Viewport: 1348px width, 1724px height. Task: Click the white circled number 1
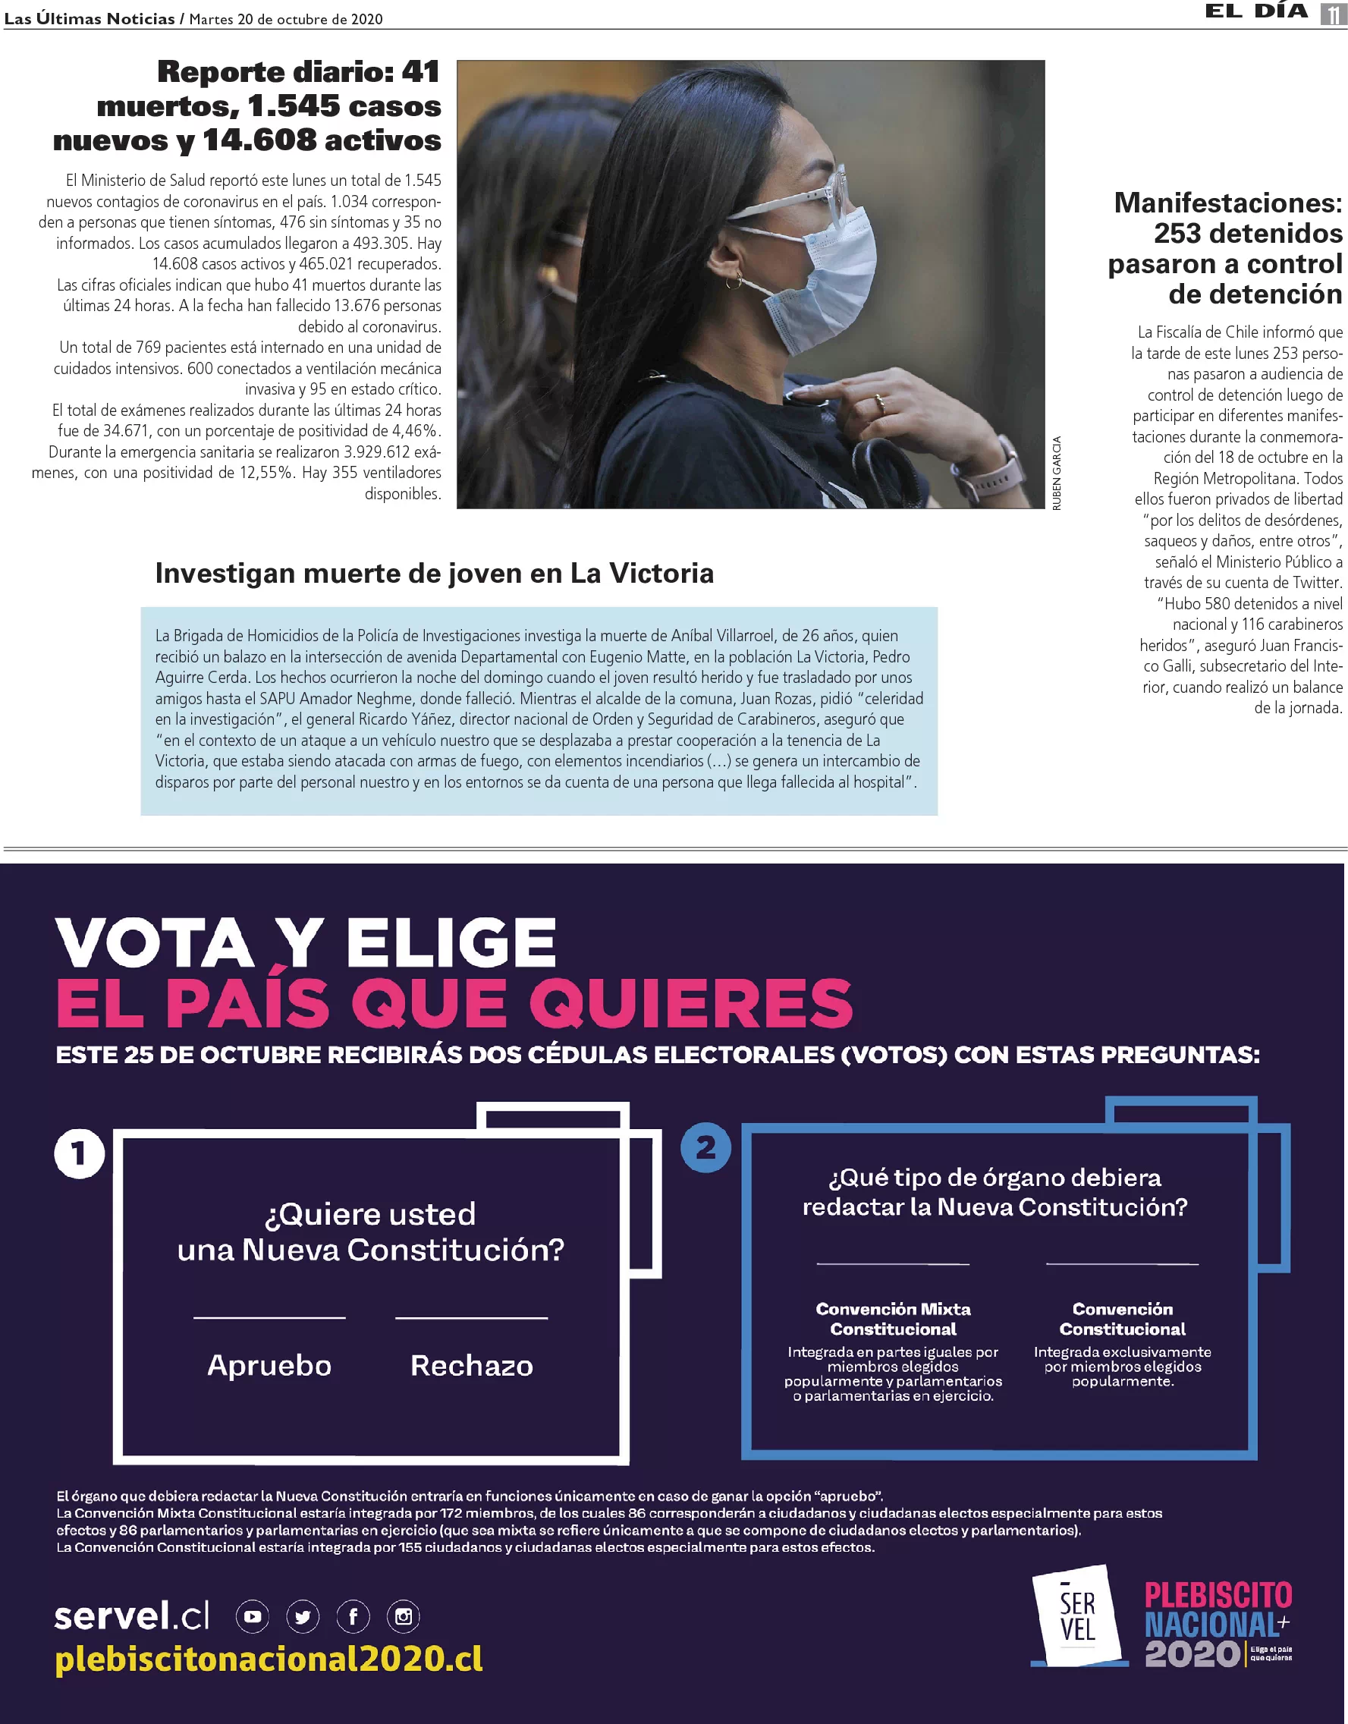pyautogui.click(x=79, y=1153)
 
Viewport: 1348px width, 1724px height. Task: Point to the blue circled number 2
pyautogui.click(x=705, y=1147)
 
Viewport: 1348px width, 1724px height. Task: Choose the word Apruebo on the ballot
pyautogui.click(x=269, y=1365)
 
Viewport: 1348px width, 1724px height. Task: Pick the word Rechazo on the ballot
pyautogui.click(x=471, y=1365)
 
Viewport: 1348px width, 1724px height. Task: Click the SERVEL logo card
pyautogui.click(x=1077, y=1614)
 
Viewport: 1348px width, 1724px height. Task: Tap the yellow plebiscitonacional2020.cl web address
pyautogui.click(x=269, y=1659)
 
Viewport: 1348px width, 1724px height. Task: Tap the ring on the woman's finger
pyautogui.click(x=880, y=405)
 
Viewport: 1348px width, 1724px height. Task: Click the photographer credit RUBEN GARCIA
pyautogui.click(x=1057, y=473)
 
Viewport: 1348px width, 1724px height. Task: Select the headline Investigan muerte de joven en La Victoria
pyautogui.click(x=434, y=573)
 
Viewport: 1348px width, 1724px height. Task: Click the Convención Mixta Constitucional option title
pyautogui.click(x=893, y=1319)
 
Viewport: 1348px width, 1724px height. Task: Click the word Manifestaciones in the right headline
pyautogui.click(x=1227, y=203)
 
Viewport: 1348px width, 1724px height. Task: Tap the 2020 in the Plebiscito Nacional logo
pyautogui.click(x=1192, y=1653)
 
